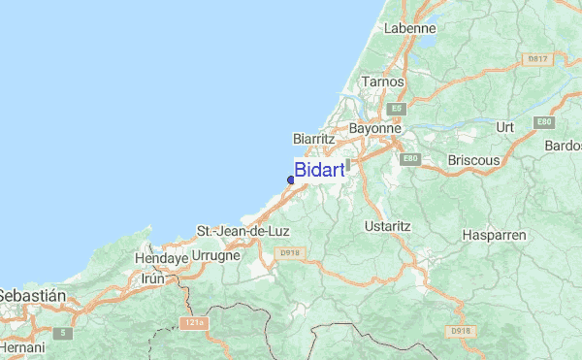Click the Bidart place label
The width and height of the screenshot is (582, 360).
319,171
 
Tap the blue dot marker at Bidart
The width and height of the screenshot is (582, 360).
291,180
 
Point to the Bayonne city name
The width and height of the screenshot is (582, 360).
374,128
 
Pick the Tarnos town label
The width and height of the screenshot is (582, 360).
381,82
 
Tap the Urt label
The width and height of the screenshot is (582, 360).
504,127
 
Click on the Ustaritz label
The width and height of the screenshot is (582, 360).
387,225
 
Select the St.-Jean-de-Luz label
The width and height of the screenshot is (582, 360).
242,231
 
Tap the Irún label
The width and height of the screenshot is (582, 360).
154,278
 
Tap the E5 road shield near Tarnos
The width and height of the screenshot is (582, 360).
395,109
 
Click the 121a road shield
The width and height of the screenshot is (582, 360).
191,322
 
